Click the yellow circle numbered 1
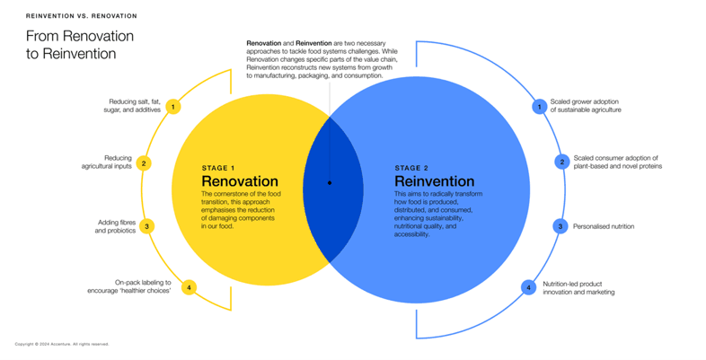174,107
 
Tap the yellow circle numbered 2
144,163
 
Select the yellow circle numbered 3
147,226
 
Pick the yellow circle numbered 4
189,288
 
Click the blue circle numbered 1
539,106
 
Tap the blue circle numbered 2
562,162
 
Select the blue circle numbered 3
560,226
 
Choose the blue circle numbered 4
529,288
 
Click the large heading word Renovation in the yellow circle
240,181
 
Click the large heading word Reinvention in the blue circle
434,182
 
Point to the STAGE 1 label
218,168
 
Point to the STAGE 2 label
412,168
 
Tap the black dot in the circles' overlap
330,182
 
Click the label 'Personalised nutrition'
604,226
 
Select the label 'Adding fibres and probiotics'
115,226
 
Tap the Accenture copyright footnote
62,344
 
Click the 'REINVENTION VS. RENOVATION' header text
82,16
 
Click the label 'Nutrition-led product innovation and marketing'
578,288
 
